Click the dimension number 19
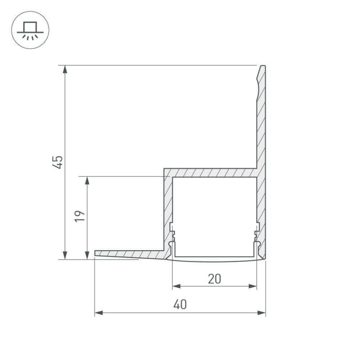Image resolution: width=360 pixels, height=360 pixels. (x=80, y=216)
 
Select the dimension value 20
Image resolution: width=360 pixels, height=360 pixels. (x=215, y=279)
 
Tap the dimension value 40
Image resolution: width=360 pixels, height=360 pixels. (x=180, y=305)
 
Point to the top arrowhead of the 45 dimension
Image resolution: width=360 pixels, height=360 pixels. (x=65, y=69)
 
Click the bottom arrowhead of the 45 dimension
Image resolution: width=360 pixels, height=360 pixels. (x=65, y=255)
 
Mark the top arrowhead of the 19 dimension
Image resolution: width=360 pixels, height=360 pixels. (x=87, y=181)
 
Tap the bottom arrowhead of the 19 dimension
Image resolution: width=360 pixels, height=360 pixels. (x=87, y=255)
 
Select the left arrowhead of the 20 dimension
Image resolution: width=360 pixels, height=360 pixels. (x=176, y=286)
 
